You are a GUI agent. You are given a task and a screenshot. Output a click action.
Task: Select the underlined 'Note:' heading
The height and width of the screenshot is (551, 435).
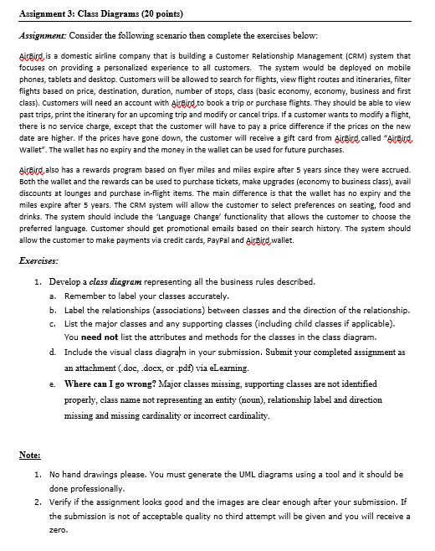(28, 455)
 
